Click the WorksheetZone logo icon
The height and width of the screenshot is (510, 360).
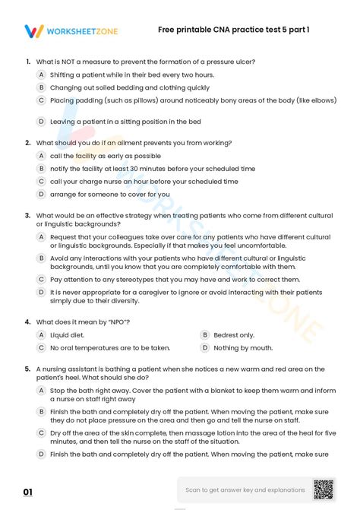(33, 31)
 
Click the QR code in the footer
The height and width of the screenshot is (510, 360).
(324, 489)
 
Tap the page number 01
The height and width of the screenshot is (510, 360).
(28, 492)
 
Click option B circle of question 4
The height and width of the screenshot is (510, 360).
(204, 334)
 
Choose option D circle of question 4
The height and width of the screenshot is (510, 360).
(204, 347)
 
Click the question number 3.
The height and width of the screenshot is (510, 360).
(27, 215)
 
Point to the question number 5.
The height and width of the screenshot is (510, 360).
(27, 368)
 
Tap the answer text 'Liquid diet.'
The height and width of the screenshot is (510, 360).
(67, 334)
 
